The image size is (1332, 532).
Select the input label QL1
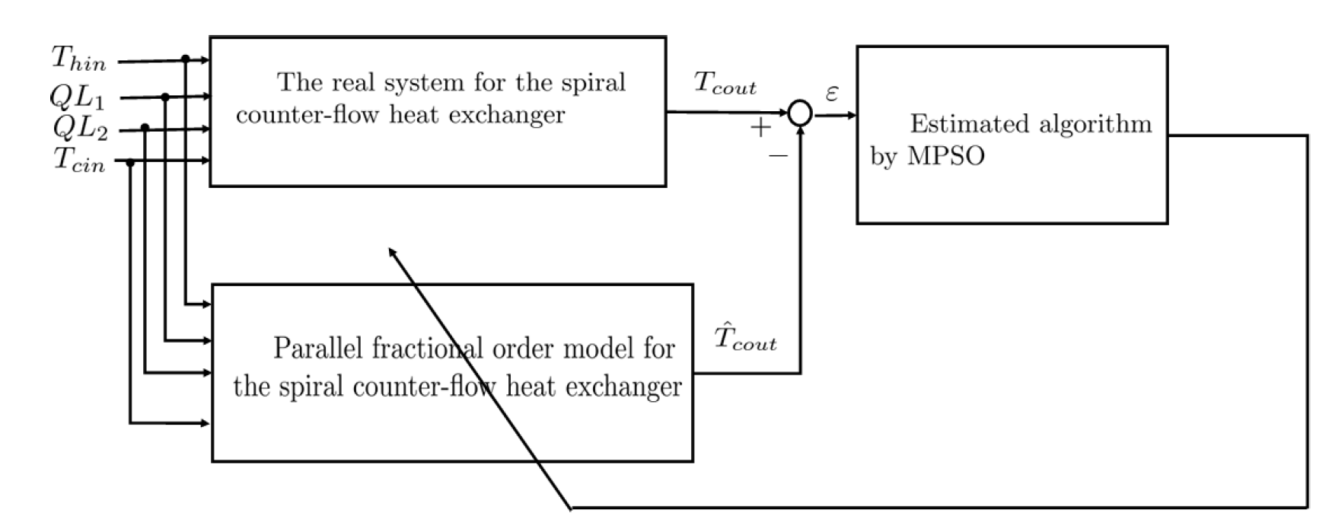(77, 97)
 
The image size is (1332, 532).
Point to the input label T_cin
(79, 161)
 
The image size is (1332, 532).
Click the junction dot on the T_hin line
(186, 59)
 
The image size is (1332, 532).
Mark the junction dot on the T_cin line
(130, 162)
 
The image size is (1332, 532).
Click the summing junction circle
(800, 113)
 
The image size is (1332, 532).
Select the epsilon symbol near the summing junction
(832, 94)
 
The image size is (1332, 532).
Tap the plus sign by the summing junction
(760, 128)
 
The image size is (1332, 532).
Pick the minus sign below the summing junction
(778, 156)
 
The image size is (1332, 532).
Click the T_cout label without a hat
(725, 84)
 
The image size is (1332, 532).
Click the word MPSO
(946, 156)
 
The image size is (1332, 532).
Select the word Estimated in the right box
(960, 123)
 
